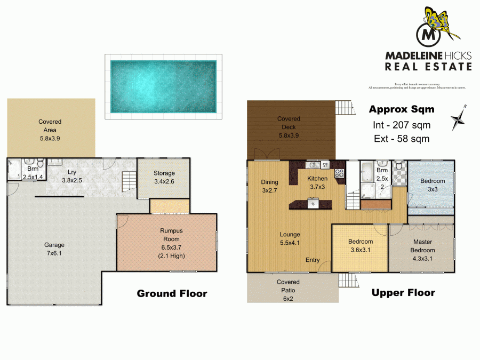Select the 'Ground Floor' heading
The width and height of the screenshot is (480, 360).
click(172, 293)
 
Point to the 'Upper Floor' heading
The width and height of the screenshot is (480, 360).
click(403, 292)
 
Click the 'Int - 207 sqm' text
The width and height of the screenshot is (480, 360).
click(402, 125)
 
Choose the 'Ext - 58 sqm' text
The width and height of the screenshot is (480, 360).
click(402, 139)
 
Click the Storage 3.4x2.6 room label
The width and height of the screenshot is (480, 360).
click(164, 178)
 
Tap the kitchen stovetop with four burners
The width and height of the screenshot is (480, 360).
click(338, 172)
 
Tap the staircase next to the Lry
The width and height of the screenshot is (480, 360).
click(129, 182)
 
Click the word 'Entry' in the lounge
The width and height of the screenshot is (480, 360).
click(313, 260)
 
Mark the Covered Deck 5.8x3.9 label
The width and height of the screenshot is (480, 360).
click(289, 123)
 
